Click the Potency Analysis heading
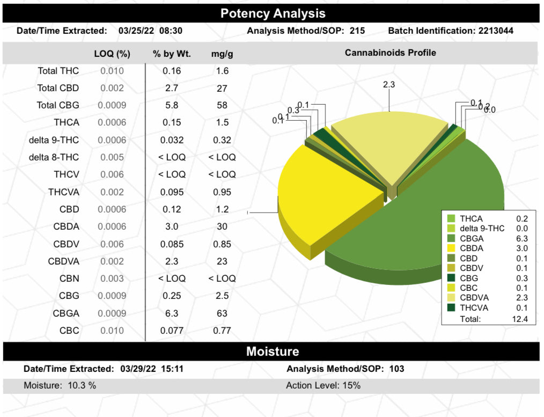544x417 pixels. (273, 13)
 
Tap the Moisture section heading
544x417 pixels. (273, 352)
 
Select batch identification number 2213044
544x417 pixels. (494, 31)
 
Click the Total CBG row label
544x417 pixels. (57, 105)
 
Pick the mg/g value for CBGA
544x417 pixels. (222, 313)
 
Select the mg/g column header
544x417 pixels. (222, 53)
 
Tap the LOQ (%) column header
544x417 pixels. (112, 53)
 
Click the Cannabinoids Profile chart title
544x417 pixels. (390, 53)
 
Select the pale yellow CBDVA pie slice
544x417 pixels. (389, 145)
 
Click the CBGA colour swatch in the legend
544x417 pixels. (451, 238)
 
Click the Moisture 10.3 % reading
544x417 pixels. (60, 385)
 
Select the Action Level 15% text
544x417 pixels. (323, 385)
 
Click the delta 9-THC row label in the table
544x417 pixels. (54, 140)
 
